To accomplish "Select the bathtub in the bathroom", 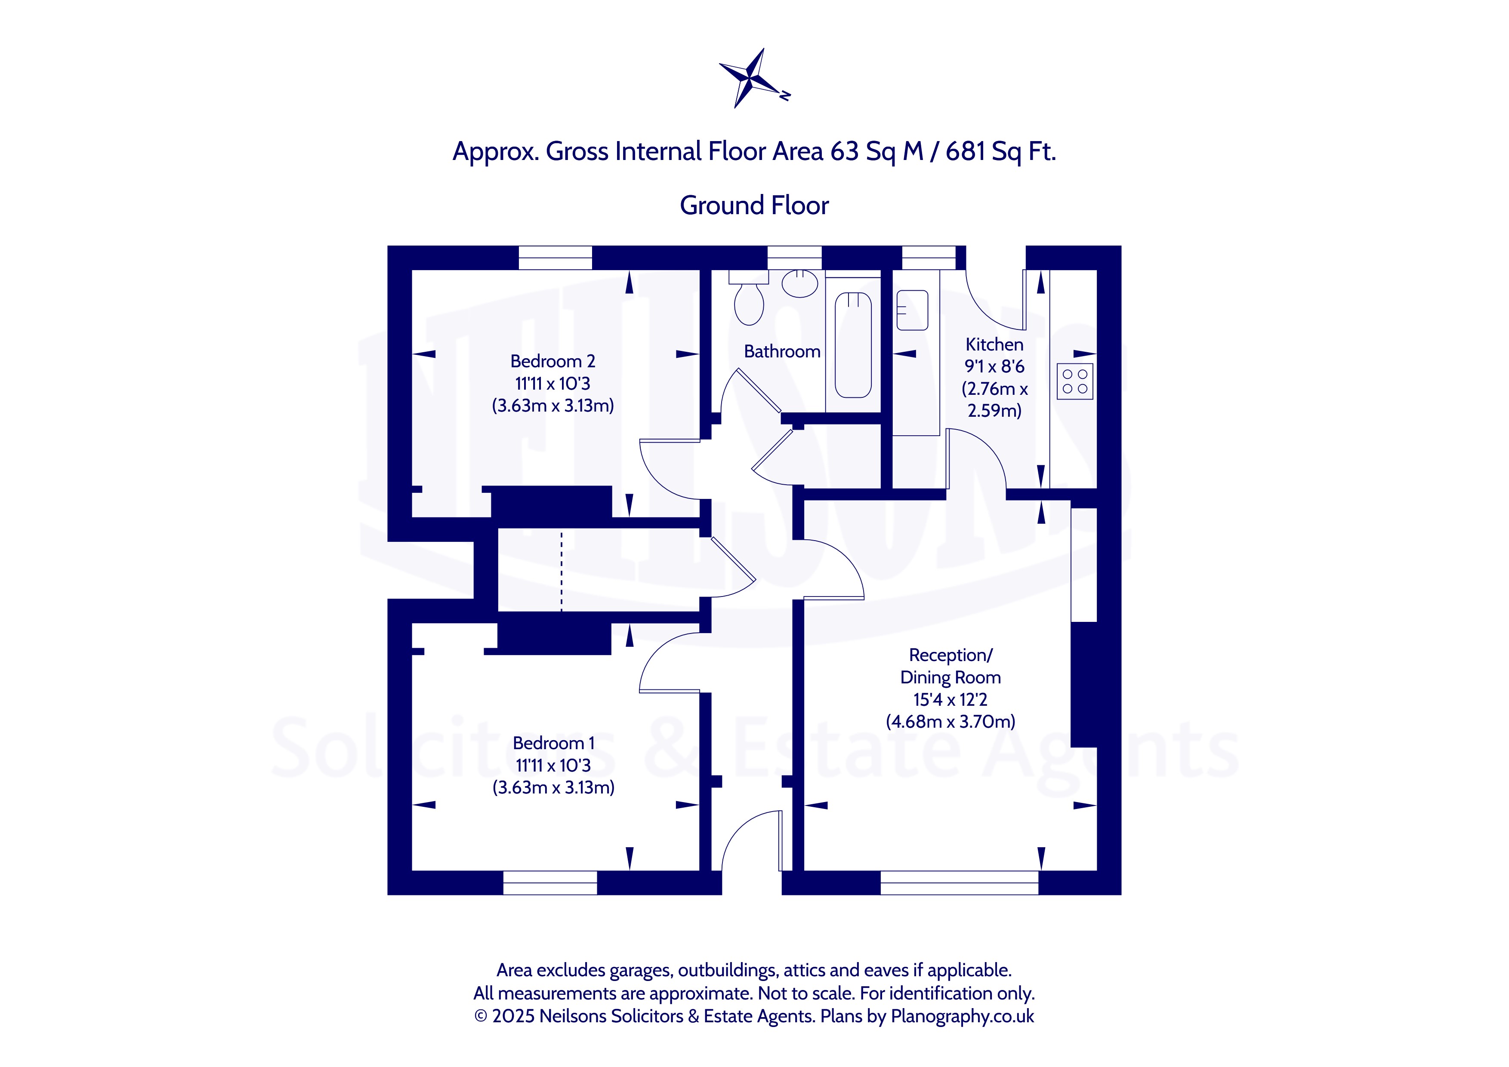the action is tap(853, 345).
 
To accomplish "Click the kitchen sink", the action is tap(912, 310).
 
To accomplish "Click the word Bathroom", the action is tap(782, 351).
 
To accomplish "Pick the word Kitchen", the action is tap(994, 344).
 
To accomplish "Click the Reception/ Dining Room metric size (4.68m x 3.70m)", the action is tap(950, 721).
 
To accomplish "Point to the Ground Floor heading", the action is tap(755, 205).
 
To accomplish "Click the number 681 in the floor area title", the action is tap(966, 152).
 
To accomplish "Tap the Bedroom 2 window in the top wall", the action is tap(555, 258).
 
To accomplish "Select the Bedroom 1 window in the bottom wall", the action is tap(550, 883).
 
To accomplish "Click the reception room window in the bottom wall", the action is tap(960, 883).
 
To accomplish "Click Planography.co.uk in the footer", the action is tap(962, 1016).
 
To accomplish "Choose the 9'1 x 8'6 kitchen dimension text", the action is tap(994, 366).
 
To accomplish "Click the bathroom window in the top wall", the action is tap(795, 258).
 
